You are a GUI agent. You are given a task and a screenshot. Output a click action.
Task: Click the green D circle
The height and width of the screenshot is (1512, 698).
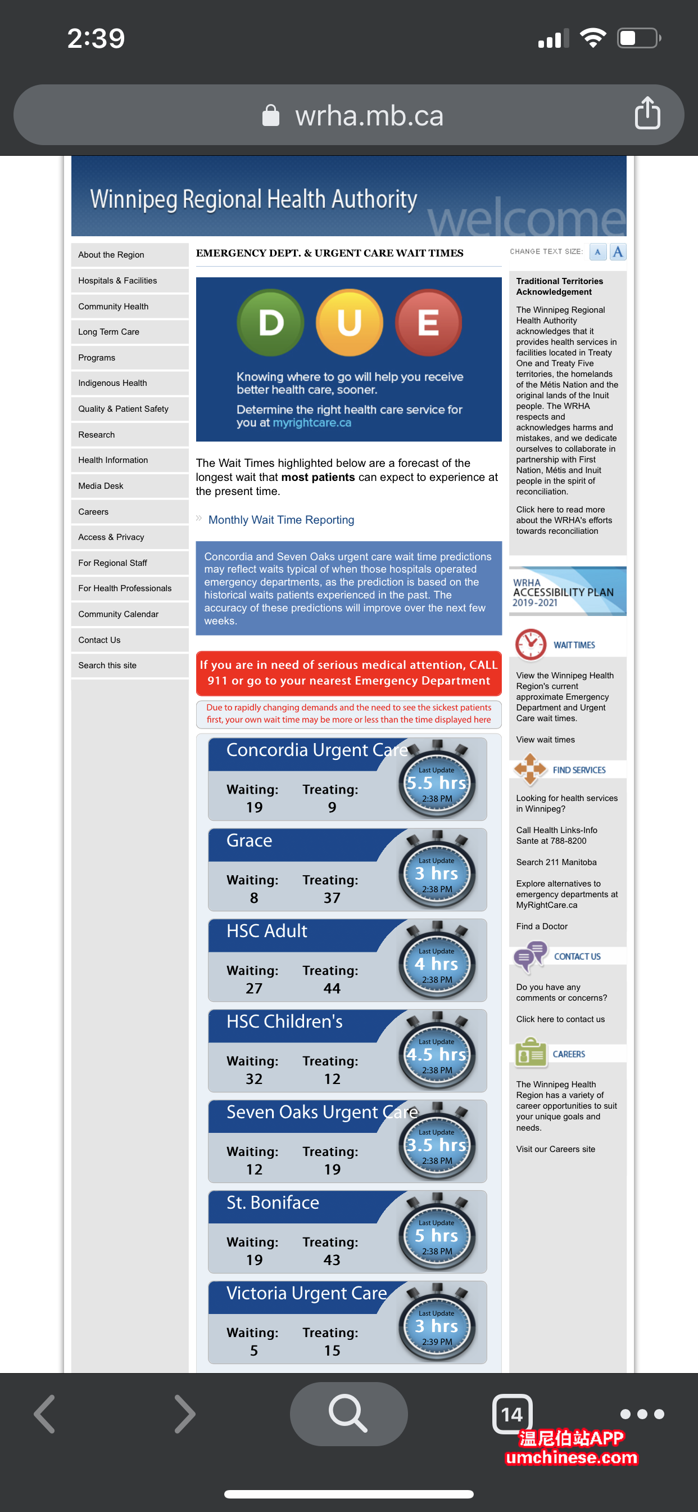(270, 322)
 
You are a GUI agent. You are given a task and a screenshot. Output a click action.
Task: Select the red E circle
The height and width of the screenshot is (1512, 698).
(428, 322)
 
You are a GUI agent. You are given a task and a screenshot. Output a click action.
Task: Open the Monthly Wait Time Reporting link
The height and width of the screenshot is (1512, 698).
(281, 520)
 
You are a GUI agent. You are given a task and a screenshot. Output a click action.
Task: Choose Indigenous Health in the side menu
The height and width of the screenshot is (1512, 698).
(112, 383)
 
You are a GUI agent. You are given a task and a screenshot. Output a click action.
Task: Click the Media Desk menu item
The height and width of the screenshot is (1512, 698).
(101, 486)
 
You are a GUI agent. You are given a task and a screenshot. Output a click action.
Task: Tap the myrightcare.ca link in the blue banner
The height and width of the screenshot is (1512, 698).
(311, 422)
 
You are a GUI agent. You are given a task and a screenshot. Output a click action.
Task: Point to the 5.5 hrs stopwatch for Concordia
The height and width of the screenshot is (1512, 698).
(437, 783)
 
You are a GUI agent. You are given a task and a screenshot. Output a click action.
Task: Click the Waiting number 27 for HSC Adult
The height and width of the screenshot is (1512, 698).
(254, 988)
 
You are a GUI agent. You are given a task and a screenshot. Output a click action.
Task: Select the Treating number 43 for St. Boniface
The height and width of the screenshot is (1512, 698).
(332, 1259)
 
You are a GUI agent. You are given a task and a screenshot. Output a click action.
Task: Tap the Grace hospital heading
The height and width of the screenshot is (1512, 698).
(250, 840)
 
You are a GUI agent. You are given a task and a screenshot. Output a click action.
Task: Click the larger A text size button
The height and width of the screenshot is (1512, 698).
(618, 252)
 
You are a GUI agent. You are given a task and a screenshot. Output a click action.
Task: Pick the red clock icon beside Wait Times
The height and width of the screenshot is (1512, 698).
(531, 644)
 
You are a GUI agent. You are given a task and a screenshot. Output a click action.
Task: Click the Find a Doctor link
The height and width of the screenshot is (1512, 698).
(541, 926)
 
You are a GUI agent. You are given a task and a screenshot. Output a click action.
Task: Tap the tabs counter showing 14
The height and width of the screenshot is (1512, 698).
(512, 1414)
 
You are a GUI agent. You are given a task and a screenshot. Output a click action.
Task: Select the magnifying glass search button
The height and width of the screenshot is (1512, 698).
(348, 1414)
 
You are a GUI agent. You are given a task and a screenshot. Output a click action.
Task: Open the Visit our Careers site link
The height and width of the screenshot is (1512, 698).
(555, 1149)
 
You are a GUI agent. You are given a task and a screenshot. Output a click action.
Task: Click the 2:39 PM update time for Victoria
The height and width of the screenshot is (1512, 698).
(437, 1342)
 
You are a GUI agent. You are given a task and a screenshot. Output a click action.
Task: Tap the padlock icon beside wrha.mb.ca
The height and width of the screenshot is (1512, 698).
(270, 115)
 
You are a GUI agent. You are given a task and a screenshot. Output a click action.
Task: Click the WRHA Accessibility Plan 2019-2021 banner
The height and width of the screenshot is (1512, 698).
(567, 592)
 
